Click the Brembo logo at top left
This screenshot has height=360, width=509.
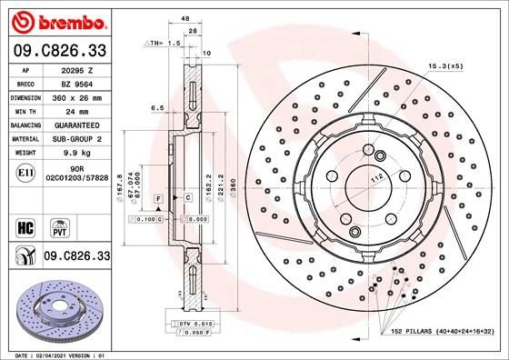pyautogui.click(x=57, y=20)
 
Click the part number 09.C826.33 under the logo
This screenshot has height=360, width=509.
pyautogui.click(x=57, y=50)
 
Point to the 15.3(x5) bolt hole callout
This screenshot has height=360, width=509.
pyautogui.click(x=445, y=66)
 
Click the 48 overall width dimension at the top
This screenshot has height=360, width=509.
pyautogui.click(x=185, y=18)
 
